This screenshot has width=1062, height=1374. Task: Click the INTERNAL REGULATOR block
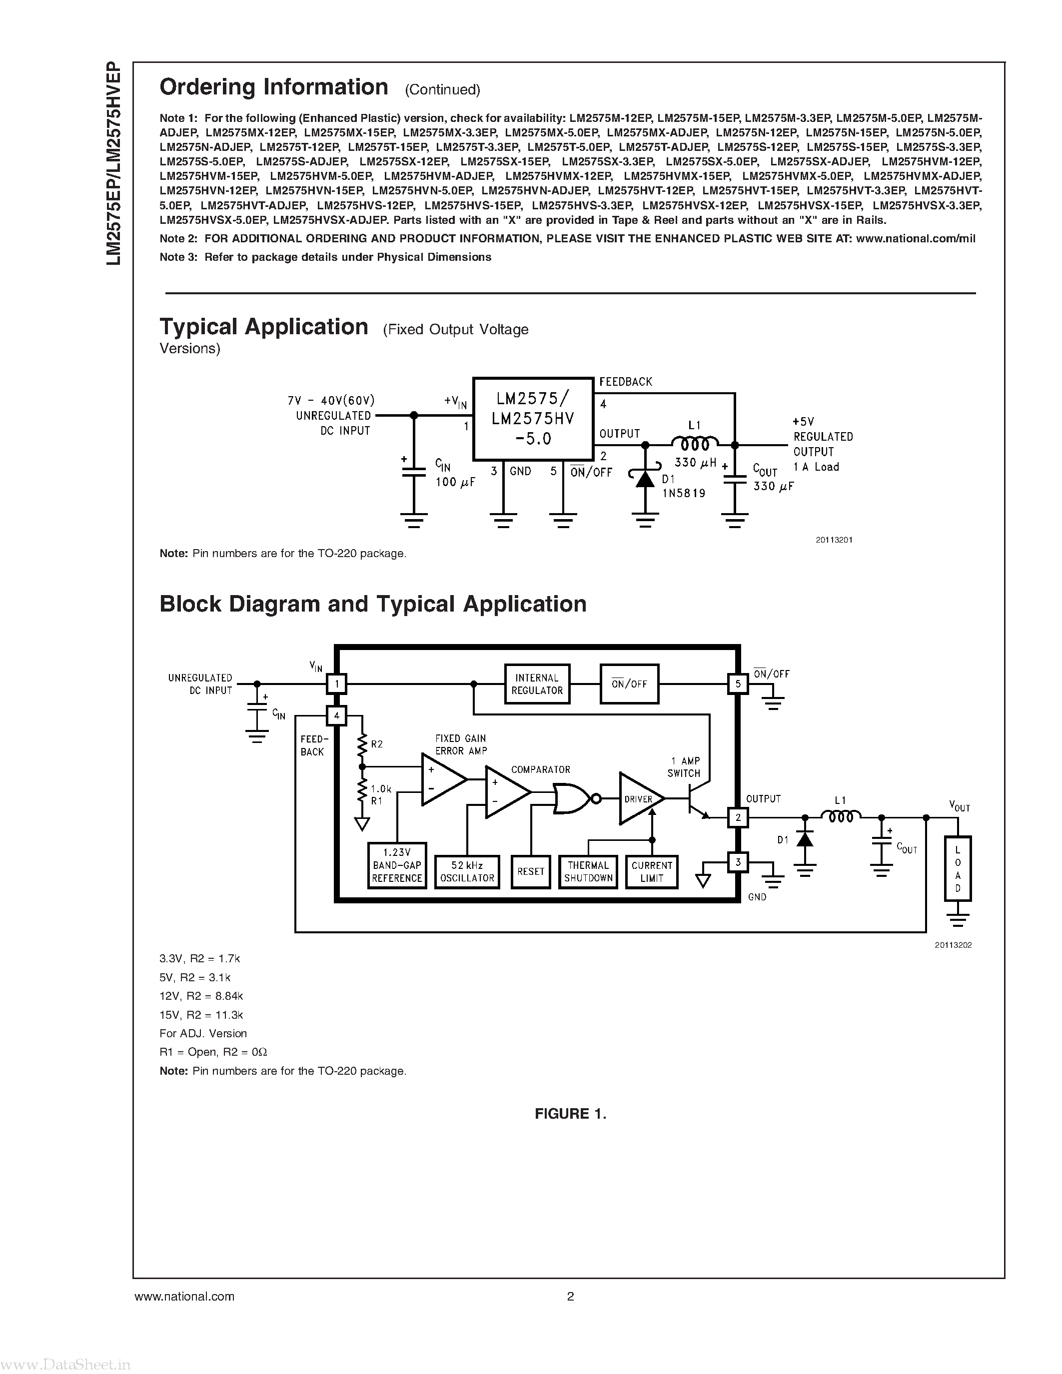click(x=537, y=684)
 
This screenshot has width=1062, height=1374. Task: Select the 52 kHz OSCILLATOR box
click(x=467, y=871)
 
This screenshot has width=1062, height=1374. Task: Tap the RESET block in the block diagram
click(x=530, y=871)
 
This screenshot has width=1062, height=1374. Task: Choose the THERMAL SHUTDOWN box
click(x=588, y=871)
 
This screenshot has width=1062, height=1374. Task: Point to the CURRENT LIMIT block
click(x=652, y=871)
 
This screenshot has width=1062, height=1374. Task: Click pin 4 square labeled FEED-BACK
click(x=337, y=715)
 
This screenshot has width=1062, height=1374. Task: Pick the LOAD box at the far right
click(x=958, y=868)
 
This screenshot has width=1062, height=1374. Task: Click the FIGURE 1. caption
click(x=570, y=1114)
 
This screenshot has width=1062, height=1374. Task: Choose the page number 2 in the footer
click(x=570, y=1296)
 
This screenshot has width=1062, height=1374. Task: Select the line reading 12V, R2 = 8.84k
click(x=201, y=996)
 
